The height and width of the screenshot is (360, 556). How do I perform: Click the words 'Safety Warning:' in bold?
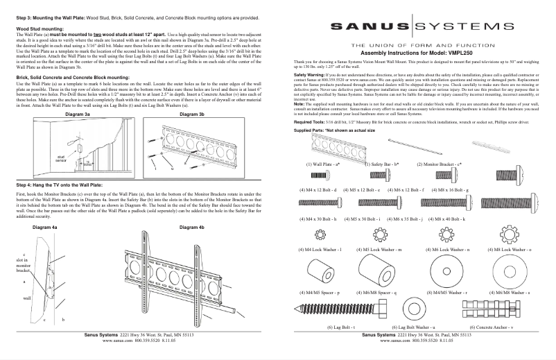pyautogui.click(x=309, y=73)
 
